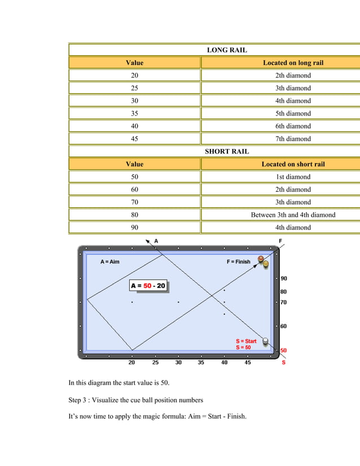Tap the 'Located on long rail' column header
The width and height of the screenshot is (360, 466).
tap(293, 63)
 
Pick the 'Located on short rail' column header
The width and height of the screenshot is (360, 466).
tap(293, 164)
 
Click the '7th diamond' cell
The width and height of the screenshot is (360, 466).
tap(293, 139)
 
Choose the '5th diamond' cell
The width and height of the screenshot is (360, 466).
tap(293, 113)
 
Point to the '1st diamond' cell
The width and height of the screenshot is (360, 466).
tap(293, 177)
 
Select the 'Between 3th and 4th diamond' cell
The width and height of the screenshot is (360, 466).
tap(293, 215)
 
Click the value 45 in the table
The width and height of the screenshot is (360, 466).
tap(134, 139)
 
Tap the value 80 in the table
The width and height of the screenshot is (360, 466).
tap(134, 215)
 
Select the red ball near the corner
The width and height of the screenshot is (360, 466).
tap(261, 259)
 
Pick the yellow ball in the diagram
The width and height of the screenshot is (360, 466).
tap(266, 263)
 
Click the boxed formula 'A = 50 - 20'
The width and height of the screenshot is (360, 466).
tap(148, 286)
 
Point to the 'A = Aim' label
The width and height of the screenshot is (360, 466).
tap(110, 262)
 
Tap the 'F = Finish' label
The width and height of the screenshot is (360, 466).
tap(238, 262)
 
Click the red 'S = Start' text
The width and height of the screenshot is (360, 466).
tap(246, 341)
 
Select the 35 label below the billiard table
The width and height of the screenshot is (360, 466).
tap(201, 363)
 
